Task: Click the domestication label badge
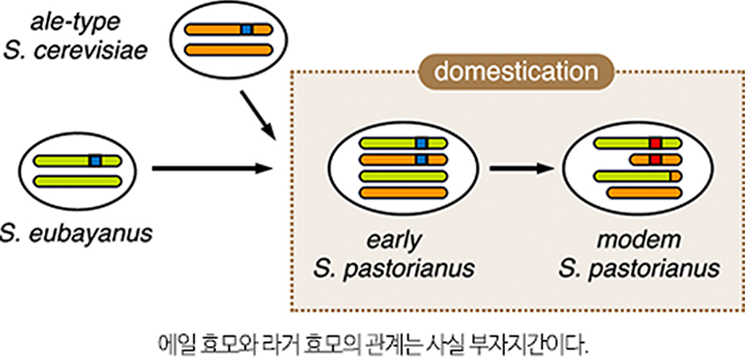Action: [516, 72]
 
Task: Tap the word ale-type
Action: [75, 23]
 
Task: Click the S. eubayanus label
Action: [75, 233]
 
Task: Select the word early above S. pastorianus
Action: [394, 240]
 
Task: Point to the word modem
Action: [638, 240]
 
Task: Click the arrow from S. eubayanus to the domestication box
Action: [211, 168]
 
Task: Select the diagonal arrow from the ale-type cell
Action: [258, 114]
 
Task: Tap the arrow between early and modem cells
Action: [523, 168]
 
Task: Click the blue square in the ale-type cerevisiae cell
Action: [246, 29]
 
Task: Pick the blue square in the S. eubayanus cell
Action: [95, 161]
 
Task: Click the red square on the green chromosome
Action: [656, 143]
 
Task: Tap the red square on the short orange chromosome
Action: [656, 159]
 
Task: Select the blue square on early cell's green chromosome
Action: [421, 143]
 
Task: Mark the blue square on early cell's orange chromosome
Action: [421, 159]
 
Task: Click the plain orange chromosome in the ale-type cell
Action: [228, 50]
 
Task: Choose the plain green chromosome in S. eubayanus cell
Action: [78, 181]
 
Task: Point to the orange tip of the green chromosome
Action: [676, 176]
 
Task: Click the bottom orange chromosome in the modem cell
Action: [645, 193]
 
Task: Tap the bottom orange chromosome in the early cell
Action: [403, 193]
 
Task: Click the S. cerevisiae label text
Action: [75, 50]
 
